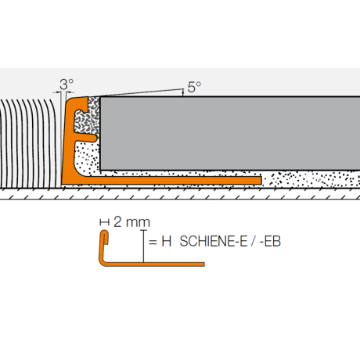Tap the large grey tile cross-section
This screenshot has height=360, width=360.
(x=227, y=133)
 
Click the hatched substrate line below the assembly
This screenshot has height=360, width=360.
(x=180, y=196)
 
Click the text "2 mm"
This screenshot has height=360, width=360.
(x=131, y=222)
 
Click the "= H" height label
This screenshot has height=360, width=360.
(x=160, y=242)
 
